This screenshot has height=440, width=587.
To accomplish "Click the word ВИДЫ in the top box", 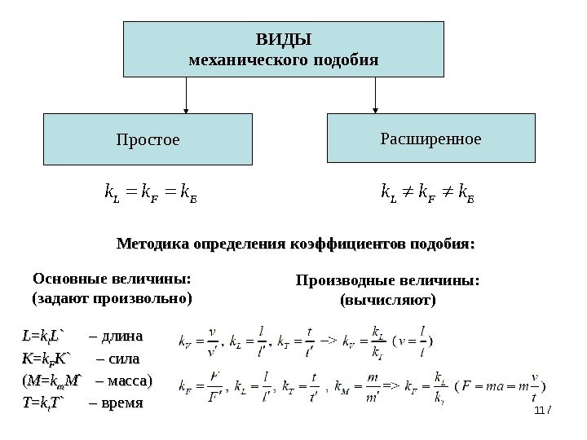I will coord(283,40).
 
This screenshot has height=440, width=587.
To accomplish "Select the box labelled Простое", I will coord(148,139).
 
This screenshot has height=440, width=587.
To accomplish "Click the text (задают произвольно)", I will coord(112,298).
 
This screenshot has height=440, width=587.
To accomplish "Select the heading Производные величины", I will coord(387,282).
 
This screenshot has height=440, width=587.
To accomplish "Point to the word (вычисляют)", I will coord(387,300).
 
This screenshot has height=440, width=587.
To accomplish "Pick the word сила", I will coord(120,359).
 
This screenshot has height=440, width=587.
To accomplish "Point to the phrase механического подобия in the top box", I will coord(283,60).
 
